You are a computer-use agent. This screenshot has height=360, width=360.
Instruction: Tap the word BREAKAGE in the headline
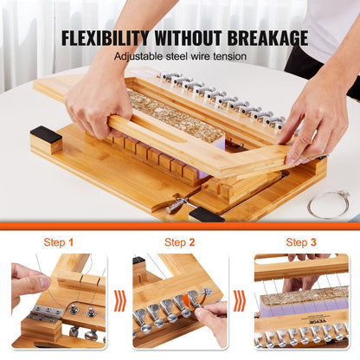(x=262, y=37)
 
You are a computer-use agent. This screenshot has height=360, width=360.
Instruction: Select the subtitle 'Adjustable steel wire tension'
(x=180, y=56)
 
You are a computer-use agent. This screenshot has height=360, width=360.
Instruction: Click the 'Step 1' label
(x=59, y=242)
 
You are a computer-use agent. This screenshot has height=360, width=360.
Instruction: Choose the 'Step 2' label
(x=179, y=242)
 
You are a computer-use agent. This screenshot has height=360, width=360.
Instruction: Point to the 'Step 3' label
(x=300, y=242)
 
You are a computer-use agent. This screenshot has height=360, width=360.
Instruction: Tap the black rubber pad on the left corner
(x=46, y=136)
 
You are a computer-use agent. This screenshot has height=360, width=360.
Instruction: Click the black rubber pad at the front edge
(x=206, y=213)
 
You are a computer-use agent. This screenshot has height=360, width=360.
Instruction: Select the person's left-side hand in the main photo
(x=98, y=100)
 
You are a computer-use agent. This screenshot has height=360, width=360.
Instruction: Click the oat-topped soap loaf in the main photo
(x=177, y=115)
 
